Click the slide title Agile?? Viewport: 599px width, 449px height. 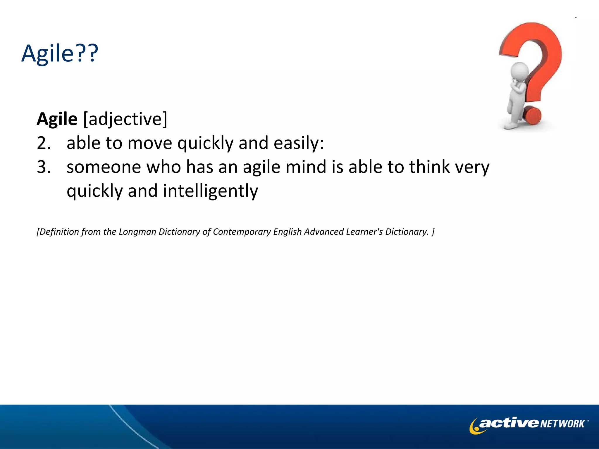(x=60, y=53)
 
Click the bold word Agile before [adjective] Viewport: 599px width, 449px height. (x=57, y=119)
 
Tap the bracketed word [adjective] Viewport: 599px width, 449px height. (x=125, y=119)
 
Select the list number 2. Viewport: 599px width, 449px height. (x=44, y=143)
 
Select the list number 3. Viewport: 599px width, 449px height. (x=44, y=167)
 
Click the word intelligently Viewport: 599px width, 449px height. (x=211, y=191)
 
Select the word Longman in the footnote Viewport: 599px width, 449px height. (x=137, y=232)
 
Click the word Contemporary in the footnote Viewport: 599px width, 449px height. (x=242, y=232)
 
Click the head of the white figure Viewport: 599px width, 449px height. (x=519, y=71)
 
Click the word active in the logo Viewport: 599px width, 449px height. (x=509, y=423)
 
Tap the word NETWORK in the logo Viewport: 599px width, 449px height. (x=562, y=424)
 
